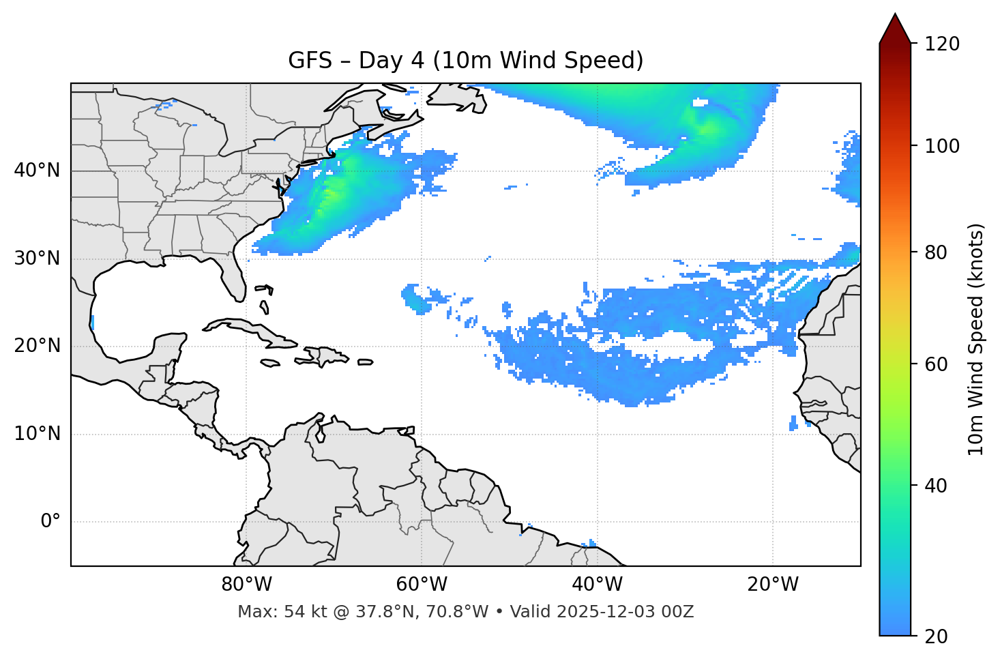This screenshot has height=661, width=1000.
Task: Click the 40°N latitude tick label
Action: pos(37,171)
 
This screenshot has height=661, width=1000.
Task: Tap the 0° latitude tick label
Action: pos(50,522)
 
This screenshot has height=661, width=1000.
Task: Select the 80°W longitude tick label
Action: pos(246,585)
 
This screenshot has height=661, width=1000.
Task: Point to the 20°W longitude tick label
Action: pos(772,585)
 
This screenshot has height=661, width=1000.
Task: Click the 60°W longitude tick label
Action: pos(422,585)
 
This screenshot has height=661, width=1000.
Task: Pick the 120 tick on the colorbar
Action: pos(942,44)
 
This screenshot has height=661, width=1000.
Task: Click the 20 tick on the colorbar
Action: pos(935,636)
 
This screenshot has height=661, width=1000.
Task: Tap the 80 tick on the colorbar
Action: pos(935,252)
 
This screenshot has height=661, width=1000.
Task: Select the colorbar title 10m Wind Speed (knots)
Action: pos(976,339)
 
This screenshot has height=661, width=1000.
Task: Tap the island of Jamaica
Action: pos(270,364)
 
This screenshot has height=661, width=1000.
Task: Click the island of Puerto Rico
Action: pos(365,362)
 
